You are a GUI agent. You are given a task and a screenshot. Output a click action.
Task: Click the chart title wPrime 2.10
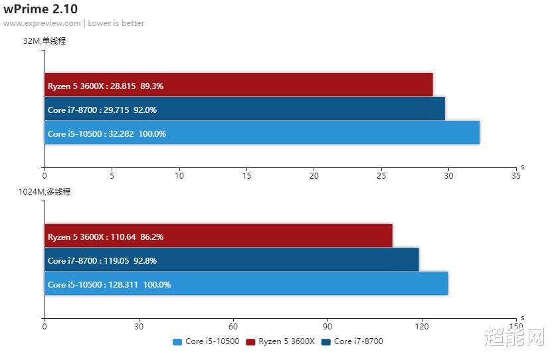(40, 9)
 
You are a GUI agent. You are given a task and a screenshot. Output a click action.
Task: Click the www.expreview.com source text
(42, 23)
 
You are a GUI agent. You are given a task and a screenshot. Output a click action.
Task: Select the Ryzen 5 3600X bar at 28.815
(238, 85)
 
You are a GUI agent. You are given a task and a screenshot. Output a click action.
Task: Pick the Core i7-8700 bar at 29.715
(244, 109)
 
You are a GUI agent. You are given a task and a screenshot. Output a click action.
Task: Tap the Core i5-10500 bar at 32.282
(262, 133)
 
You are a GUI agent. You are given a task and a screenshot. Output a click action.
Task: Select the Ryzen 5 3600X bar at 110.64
(218, 236)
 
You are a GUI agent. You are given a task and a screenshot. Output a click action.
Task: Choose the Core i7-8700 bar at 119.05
(231, 260)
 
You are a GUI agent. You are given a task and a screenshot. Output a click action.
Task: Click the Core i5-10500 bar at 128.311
(246, 284)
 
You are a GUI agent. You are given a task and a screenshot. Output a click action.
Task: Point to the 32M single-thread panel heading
(45, 41)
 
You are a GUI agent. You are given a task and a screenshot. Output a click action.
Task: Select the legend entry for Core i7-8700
(352, 341)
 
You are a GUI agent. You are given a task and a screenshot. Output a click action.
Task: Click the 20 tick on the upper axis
(314, 176)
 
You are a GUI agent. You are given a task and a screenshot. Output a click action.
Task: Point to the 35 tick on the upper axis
(515, 176)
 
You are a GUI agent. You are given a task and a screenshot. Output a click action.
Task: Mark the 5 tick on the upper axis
(112, 176)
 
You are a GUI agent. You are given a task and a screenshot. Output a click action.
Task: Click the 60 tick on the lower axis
(233, 326)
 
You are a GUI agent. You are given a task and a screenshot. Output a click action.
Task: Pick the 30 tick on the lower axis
(139, 326)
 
